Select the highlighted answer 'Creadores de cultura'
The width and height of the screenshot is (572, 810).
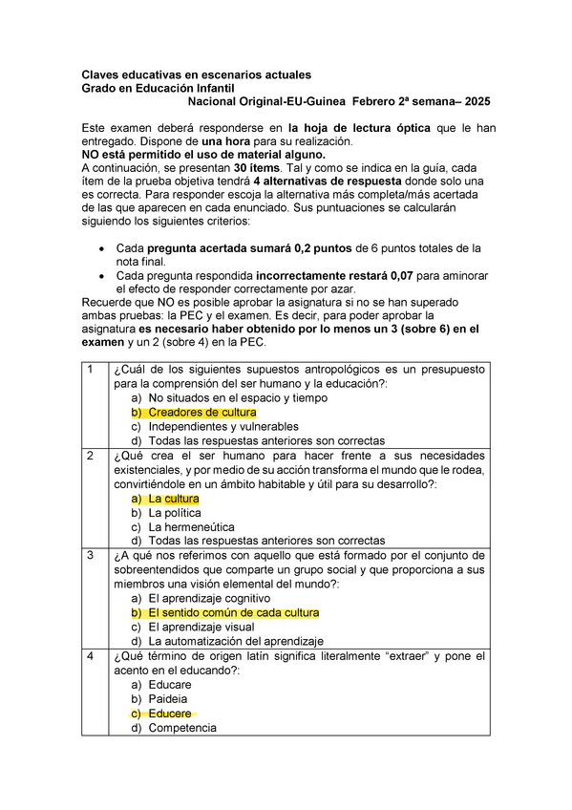pos(202,412)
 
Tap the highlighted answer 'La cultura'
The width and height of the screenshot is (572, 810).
pos(174,499)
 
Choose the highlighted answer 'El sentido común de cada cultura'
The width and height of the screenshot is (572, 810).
pos(234,612)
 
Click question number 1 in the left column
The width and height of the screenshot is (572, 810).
pos(90,370)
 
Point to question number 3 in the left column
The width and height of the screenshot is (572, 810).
pos(90,556)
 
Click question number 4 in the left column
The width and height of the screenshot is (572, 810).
pos(90,657)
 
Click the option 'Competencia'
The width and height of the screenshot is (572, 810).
pos(182,728)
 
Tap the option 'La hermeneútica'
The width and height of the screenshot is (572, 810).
pos(192,526)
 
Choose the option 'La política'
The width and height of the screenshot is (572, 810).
pos(176,513)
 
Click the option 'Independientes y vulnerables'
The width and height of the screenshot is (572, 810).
pos(223,426)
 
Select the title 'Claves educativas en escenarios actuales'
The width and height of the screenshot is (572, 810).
pos(196,75)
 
